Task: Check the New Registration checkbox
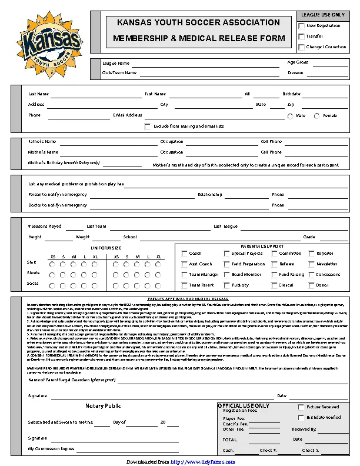302,26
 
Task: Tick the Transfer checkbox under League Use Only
302,36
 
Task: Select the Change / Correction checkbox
302,47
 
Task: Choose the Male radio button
291,116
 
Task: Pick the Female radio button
318,116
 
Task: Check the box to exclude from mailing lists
148,126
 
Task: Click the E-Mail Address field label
128,115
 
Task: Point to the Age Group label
298,62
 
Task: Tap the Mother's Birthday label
64,162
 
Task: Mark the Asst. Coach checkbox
184,264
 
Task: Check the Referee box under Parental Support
274,264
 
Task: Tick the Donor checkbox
312,285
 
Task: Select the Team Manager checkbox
184,275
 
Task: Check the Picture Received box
302,407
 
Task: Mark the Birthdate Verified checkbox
302,417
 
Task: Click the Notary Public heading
103,406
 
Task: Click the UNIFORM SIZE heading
105,248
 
